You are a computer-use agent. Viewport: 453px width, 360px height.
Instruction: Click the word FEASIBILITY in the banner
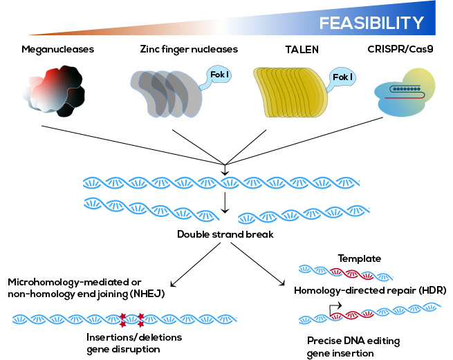coord(371,23)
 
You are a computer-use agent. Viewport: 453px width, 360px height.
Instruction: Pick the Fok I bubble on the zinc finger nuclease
coord(216,76)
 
